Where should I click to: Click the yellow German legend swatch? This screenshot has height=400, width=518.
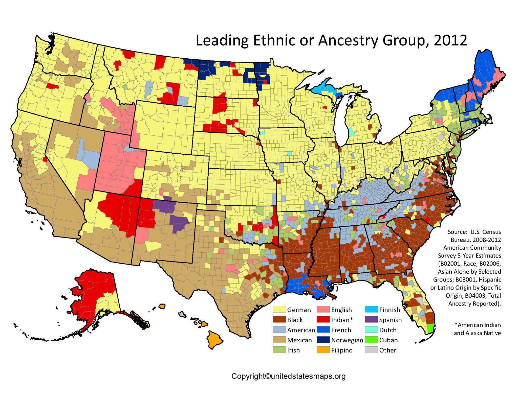click(x=279, y=310)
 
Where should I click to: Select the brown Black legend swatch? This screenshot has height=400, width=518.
click(x=279, y=320)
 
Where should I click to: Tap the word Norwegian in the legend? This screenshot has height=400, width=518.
click(x=347, y=340)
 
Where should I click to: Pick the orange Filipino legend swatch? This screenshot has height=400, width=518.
click(x=323, y=350)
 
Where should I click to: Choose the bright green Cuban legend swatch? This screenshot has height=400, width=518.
click(x=371, y=340)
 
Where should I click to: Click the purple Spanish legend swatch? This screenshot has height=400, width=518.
click(x=371, y=320)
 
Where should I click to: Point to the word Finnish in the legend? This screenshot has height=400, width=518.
click(x=390, y=310)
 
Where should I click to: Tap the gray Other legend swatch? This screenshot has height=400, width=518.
click(x=371, y=350)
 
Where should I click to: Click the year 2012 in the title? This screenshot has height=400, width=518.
click(x=450, y=40)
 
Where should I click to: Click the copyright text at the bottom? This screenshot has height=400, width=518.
click(x=288, y=376)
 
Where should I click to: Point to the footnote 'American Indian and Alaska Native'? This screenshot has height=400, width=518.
click(x=477, y=329)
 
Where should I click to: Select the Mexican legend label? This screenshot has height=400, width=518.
click(x=299, y=340)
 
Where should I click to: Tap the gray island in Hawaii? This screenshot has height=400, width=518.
click(x=182, y=314)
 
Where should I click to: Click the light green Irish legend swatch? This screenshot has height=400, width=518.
click(x=279, y=350)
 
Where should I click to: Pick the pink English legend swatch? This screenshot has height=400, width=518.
click(x=323, y=310)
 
